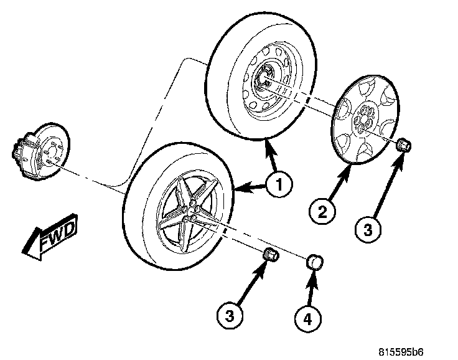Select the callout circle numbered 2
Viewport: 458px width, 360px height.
pyautogui.click(x=323, y=211)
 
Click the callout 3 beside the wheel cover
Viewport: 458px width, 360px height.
pyautogui.click(x=368, y=229)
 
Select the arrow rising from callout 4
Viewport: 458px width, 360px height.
pyautogui.click(x=311, y=289)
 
